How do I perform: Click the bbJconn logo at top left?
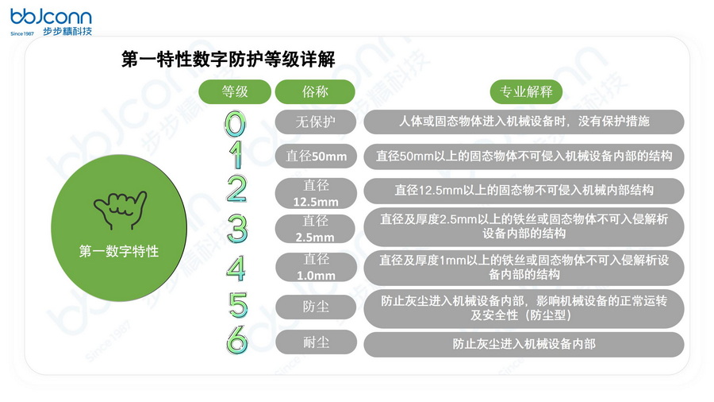click(x=51, y=22)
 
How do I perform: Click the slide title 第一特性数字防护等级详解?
click(x=228, y=60)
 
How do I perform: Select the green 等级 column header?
click(x=235, y=91)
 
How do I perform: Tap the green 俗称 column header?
click(x=315, y=91)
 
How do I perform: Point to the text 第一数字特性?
click(x=119, y=251)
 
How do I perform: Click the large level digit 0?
click(x=236, y=122)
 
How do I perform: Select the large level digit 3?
click(x=236, y=228)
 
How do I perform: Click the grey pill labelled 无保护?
click(x=316, y=122)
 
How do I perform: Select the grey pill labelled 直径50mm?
click(x=316, y=157)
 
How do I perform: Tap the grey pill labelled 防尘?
click(x=316, y=307)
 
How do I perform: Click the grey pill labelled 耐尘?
click(x=316, y=344)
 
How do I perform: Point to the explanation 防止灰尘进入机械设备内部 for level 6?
click(x=524, y=344)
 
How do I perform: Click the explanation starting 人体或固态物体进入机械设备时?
click(x=524, y=122)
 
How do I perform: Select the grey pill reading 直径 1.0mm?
click(x=316, y=268)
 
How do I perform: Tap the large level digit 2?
click(x=236, y=189)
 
